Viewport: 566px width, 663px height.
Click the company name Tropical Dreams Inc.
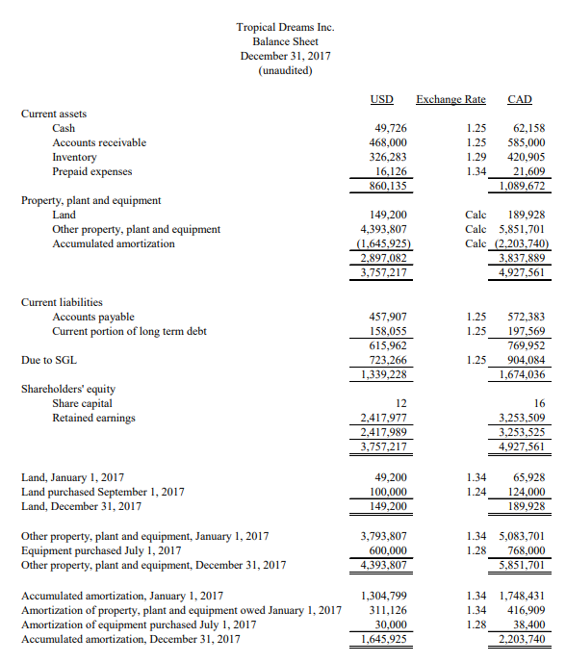pos(285,27)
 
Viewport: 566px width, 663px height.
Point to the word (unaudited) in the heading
pos(285,70)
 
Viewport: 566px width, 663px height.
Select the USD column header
pos(381,100)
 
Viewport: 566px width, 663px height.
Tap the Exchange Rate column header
pos(450,100)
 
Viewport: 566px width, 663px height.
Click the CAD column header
pos(520,100)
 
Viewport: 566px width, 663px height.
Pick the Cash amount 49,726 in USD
pos(389,128)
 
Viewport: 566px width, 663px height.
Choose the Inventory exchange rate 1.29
pos(475,157)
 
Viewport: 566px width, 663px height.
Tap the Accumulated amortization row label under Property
pos(114,243)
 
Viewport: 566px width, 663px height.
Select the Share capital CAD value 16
pos(539,403)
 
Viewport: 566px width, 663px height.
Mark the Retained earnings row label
pos(93,418)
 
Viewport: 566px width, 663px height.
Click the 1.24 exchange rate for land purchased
pos(475,492)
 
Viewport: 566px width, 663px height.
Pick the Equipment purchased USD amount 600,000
pos(386,550)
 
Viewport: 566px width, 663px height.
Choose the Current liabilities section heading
pos(62,302)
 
